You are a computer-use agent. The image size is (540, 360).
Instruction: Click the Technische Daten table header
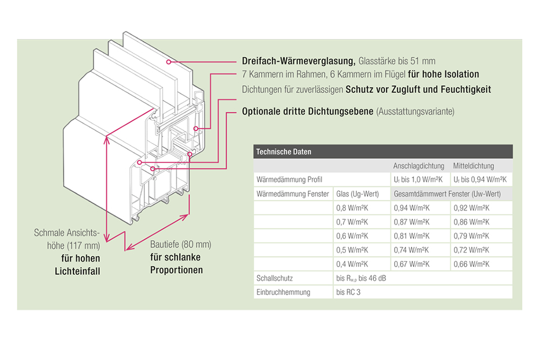coord(283,152)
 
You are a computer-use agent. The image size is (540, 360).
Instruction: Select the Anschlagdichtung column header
coord(418,166)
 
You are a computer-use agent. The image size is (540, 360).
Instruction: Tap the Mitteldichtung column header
coord(474,166)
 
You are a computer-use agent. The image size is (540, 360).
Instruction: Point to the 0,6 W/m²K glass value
coord(352,236)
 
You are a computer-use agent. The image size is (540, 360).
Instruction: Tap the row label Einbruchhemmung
coord(283,292)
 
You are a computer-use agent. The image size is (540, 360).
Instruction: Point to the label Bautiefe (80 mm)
coord(180,244)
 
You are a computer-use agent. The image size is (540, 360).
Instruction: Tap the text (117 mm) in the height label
coord(83,246)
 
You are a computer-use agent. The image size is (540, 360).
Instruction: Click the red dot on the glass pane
coord(169,62)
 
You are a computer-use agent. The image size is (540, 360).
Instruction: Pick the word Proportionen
coord(176,270)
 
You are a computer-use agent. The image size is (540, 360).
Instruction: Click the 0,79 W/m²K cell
coord(471,236)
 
